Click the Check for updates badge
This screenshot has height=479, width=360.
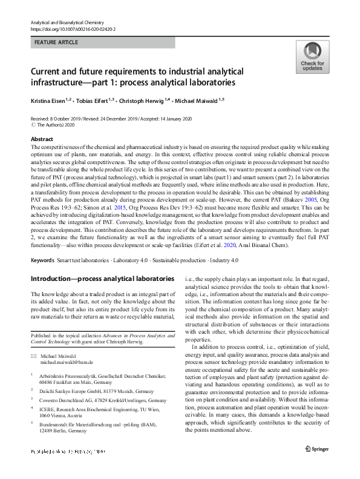click(312, 57)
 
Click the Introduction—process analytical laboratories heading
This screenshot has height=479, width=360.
click(96, 279)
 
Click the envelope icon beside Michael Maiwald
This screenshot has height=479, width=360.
click(33, 355)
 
